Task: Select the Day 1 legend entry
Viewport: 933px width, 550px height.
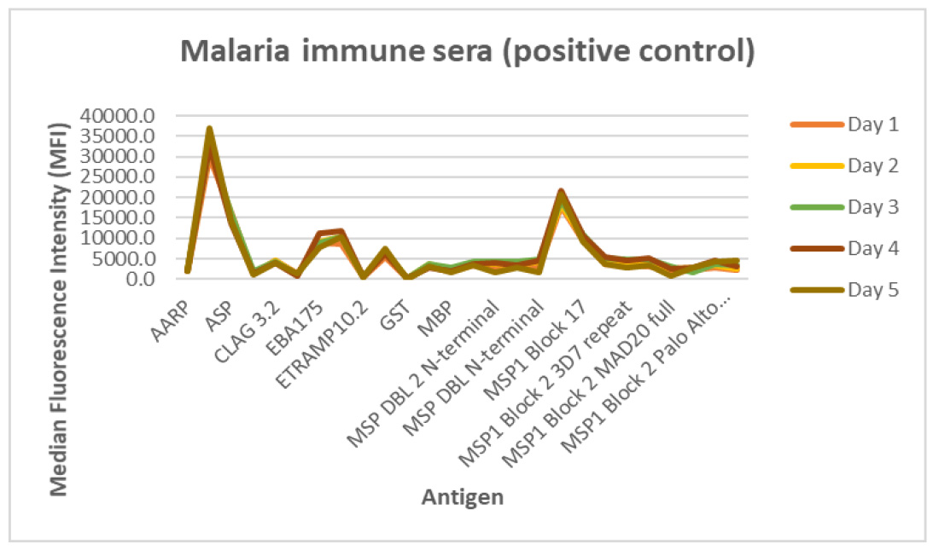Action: point(844,124)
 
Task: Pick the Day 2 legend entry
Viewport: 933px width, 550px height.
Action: point(844,165)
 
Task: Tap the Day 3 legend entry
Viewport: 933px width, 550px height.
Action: point(844,207)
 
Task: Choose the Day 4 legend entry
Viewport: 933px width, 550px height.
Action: point(844,248)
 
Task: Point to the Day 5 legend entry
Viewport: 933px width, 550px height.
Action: point(844,290)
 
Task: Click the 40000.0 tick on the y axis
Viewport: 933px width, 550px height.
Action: point(117,116)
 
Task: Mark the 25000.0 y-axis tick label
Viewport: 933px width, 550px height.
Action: point(117,177)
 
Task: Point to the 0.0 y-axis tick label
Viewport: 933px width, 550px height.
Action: point(141,278)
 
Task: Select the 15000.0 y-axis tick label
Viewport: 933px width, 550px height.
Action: point(117,217)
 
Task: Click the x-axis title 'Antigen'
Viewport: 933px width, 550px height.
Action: point(463,496)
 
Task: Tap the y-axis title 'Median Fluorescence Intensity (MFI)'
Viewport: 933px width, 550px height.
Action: point(59,310)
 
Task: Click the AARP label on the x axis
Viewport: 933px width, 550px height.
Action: point(171,321)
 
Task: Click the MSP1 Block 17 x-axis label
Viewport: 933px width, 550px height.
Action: point(535,350)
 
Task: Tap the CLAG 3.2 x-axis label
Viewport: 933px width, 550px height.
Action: point(247,332)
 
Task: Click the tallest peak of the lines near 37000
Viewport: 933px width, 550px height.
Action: point(209,129)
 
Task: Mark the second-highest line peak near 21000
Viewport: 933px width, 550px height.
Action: point(561,192)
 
